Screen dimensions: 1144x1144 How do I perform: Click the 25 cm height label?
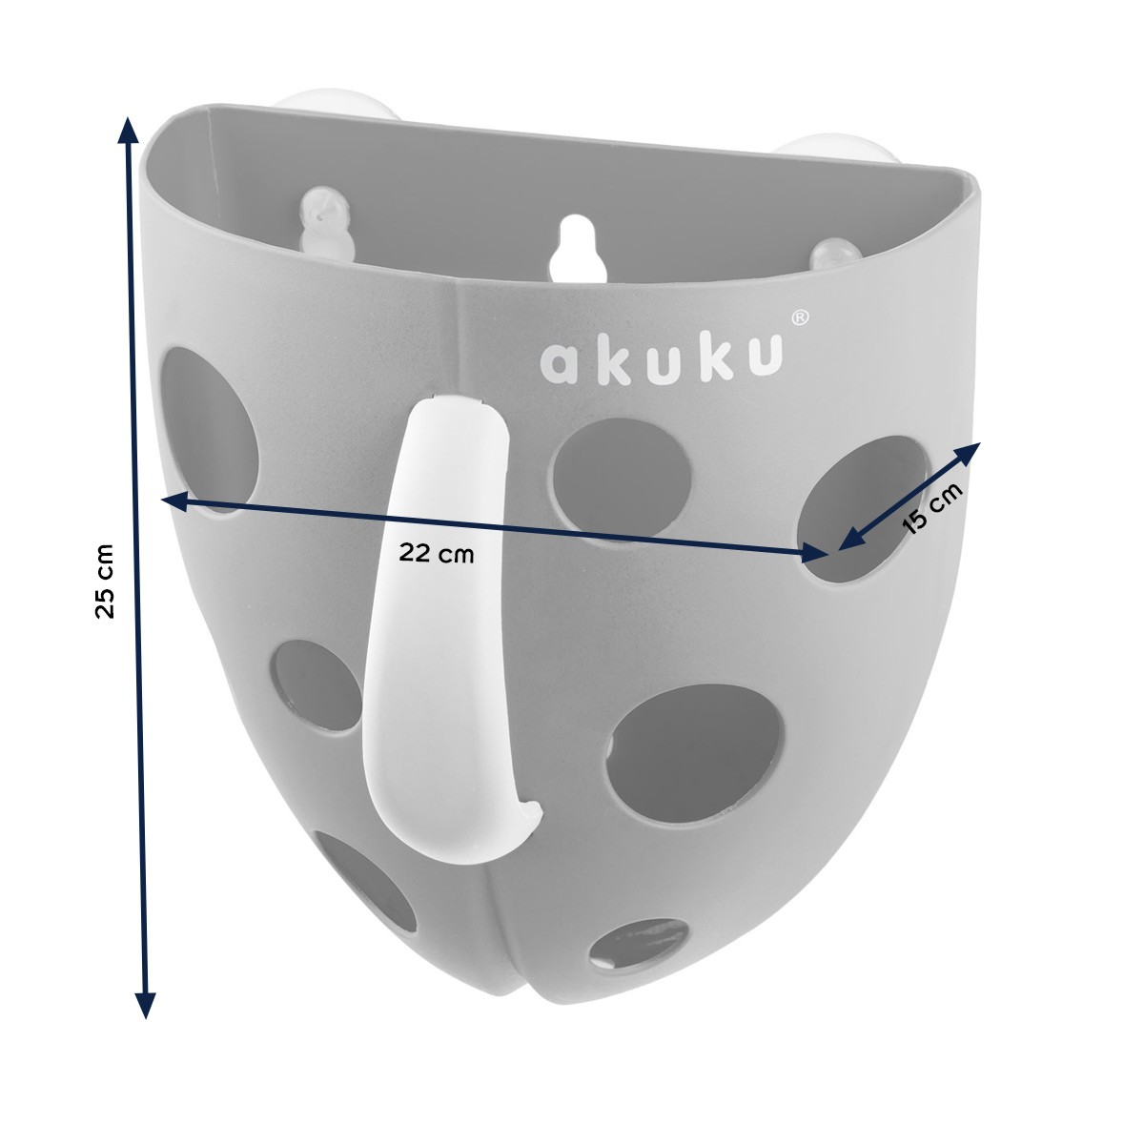pos(105,582)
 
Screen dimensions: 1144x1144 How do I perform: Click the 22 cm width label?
pos(437,554)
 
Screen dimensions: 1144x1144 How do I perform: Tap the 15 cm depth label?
pos(930,508)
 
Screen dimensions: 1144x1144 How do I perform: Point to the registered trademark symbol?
pos(800,317)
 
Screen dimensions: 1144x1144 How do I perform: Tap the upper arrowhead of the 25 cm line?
pos(125,131)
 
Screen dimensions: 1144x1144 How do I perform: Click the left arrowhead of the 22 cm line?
pos(175,501)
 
